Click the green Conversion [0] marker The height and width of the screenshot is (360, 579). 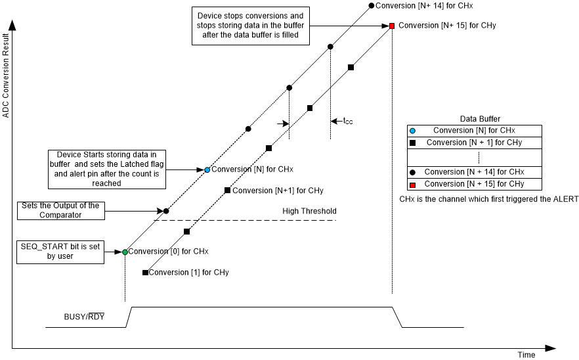coord(125,252)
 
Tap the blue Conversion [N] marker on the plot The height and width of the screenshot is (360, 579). coord(207,169)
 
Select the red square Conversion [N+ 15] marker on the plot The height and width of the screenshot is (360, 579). coord(392,26)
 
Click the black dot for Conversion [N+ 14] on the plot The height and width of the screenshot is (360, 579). coord(371,5)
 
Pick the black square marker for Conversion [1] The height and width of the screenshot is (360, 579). coord(145,272)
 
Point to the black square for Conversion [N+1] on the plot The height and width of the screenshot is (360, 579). coord(227,191)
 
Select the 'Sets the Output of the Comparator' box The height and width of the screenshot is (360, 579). coord(60,210)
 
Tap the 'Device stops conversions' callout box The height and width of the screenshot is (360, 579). coord(251,26)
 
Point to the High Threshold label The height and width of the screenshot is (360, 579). coord(309,211)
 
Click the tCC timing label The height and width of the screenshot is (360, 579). coord(348,121)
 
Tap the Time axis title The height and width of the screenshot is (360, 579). coord(526,355)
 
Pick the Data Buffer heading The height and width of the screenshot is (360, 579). coord(474,119)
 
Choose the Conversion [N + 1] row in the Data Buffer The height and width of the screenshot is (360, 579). coord(474,142)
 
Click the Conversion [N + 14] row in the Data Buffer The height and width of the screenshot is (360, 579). coord(474,172)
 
